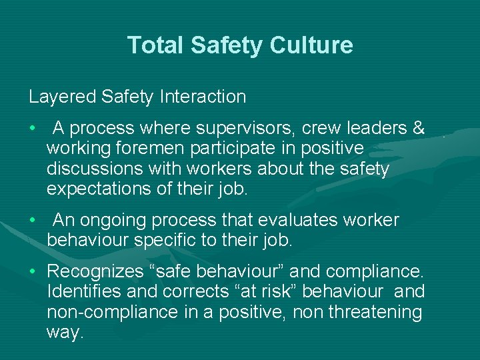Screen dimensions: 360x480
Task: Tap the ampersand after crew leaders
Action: pos(418,127)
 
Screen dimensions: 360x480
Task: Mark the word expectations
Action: pos(105,189)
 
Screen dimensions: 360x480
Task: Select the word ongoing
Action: pos(115,220)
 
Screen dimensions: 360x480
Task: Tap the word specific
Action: pos(166,240)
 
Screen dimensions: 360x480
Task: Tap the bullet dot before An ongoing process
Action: pos(32,221)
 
